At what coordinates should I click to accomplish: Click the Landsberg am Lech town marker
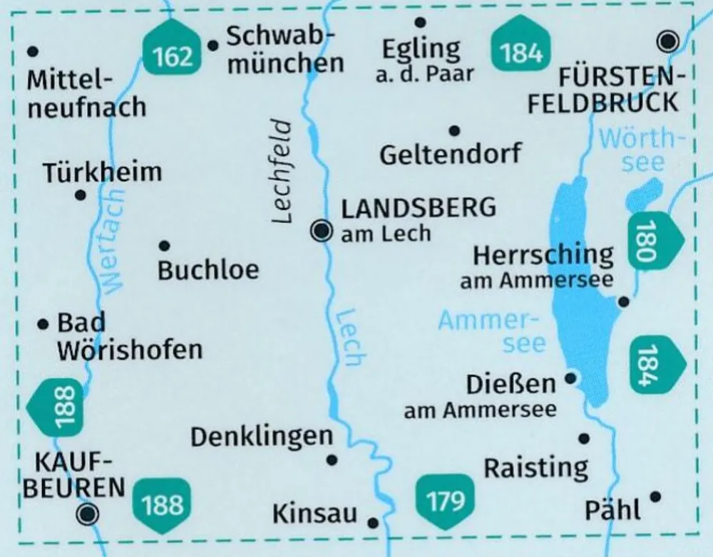(322, 230)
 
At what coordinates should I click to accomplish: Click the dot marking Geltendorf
(454, 130)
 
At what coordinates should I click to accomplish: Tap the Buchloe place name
(208, 270)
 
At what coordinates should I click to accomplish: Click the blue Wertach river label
(114, 242)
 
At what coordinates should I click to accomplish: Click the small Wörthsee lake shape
(644, 194)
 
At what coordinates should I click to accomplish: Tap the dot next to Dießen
(570, 379)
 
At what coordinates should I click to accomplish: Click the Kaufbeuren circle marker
(88, 513)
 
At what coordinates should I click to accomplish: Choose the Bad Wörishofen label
(128, 336)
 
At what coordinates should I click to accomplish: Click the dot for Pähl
(656, 496)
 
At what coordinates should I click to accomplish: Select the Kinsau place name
(314, 514)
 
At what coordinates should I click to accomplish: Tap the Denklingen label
(262, 437)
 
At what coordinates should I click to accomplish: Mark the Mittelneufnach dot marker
(31, 51)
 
